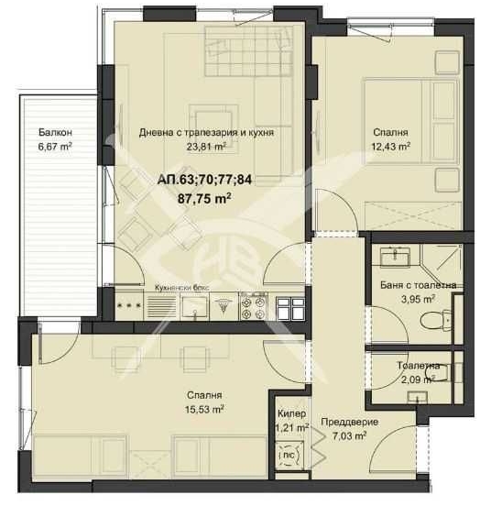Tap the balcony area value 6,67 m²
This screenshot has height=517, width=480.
tap(55, 145)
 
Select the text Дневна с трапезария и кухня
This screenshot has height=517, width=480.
tap(206, 132)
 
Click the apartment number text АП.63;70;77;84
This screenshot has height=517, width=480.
tap(203, 180)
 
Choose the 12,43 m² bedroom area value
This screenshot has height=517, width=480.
tap(390, 145)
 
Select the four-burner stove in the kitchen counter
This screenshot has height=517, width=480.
tap(252, 306)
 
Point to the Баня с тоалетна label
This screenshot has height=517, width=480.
tap(419, 285)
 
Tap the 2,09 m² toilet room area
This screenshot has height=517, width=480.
tap(418, 379)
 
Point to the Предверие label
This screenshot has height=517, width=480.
tap(349, 423)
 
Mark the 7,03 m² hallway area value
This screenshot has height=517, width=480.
tap(349, 436)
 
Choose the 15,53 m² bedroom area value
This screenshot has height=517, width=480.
tap(206, 410)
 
